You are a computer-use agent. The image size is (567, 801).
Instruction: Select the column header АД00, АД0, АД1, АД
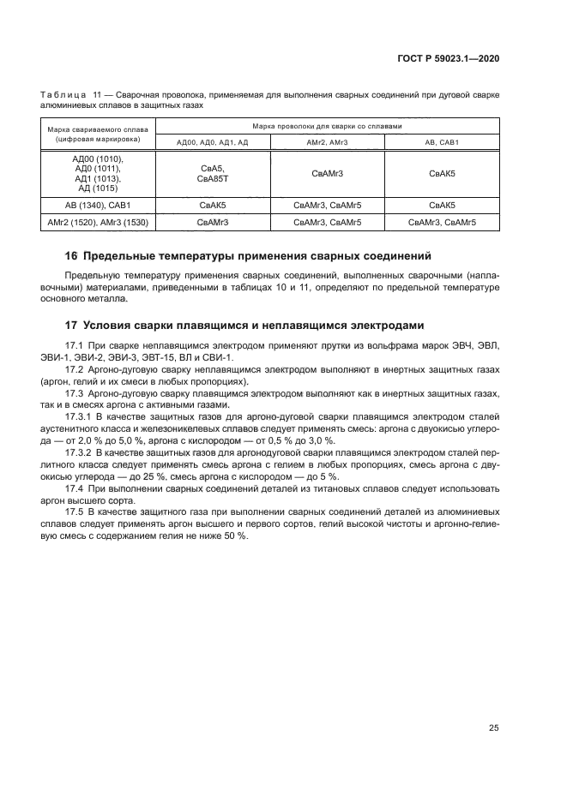tap(212, 141)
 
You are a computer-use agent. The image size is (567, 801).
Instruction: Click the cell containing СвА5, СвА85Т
tap(212, 173)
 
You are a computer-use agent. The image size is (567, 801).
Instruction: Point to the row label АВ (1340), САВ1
tap(100, 206)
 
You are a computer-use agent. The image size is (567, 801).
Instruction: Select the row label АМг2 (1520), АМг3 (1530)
tap(100, 223)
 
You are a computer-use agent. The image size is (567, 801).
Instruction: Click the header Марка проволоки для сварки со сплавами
tap(328, 125)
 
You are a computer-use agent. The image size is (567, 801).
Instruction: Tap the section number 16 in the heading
tap(72, 255)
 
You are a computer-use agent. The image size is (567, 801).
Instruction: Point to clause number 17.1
tap(74, 344)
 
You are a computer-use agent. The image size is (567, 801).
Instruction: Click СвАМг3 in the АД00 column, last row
tap(212, 223)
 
